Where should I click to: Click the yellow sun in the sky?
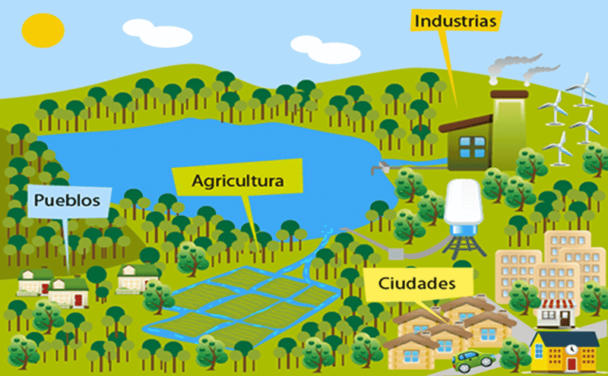pyautogui.click(x=43, y=30)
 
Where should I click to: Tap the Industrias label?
pyautogui.click(x=455, y=21)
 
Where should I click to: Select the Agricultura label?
pyautogui.click(x=238, y=181)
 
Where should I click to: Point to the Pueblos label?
pyautogui.click(x=67, y=201)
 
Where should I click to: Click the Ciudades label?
pyautogui.click(x=416, y=283)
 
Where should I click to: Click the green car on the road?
pyautogui.click(x=473, y=361)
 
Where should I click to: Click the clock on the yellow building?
pyautogui.click(x=571, y=349)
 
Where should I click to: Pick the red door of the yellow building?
pyautogui.click(x=572, y=365)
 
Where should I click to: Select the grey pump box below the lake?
pyautogui.click(x=396, y=254)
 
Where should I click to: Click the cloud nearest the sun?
pyautogui.click(x=157, y=33)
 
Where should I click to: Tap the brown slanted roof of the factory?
pyautogui.click(x=465, y=123)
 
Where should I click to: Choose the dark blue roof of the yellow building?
pyautogui.click(x=565, y=339)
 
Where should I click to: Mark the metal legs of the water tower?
pyautogui.click(x=464, y=244)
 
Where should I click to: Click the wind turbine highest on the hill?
pyautogui.click(x=582, y=90)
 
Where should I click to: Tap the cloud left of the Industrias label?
pyautogui.click(x=325, y=49)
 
